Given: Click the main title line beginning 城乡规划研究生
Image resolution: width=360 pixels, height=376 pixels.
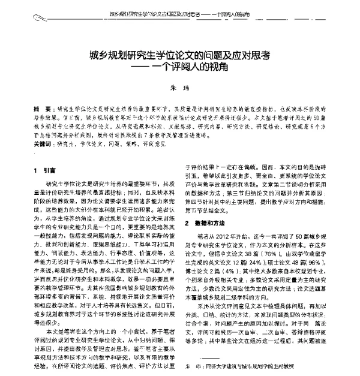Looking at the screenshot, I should (180, 55).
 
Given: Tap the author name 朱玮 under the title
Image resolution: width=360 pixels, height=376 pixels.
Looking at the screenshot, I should (180, 89).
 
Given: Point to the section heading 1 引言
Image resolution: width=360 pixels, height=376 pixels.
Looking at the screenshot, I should (45, 169).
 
